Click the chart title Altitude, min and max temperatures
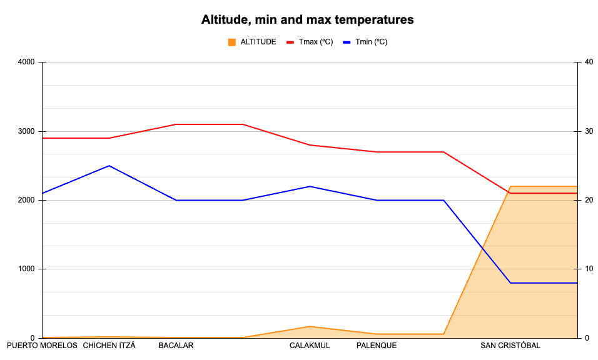click(307, 19)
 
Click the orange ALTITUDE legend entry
click(252, 42)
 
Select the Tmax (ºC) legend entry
click(310, 42)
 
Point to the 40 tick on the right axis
click(589, 62)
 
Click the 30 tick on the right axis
click(589, 131)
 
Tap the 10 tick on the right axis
click(589, 269)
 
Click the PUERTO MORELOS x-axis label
click(42, 346)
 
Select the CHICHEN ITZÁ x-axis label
click(109, 346)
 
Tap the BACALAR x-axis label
click(176, 346)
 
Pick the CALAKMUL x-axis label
click(310, 346)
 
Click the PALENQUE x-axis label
click(377, 346)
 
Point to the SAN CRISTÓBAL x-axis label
click(510, 346)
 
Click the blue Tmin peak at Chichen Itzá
click(109, 166)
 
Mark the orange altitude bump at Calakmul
click(310, 326)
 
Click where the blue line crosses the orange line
click(482, 248)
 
